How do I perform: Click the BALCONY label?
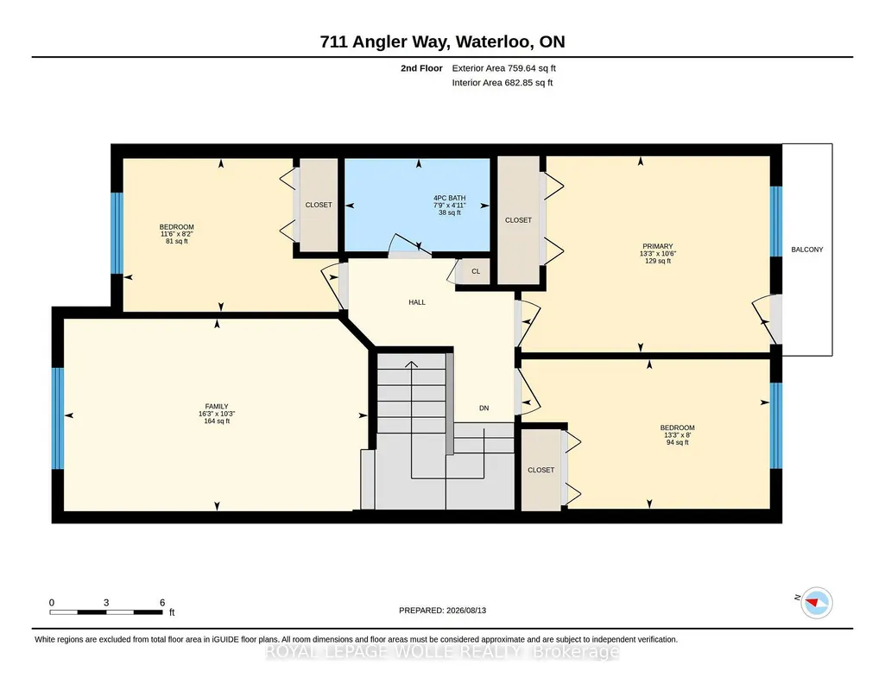click(806, 250)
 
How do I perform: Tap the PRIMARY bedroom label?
click(658, 246)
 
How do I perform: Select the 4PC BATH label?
click(449, 198)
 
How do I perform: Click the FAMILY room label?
click(217, 406)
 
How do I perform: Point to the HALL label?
click(417, 302)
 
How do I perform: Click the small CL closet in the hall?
click(476, 271)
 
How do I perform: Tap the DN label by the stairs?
click(484, 408)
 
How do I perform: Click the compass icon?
click(817, 603)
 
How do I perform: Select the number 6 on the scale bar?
click(162, 603)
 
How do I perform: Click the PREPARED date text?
click(442, 610)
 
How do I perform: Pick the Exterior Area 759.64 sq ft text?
click(503, 68)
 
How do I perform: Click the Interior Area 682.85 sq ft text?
click(503, 82)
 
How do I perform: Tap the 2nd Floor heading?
click(421, 68)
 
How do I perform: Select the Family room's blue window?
click(58, 418)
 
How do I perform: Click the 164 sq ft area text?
click(217, 421)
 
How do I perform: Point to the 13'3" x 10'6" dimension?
click(658, 254)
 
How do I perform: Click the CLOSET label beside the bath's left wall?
click(319, 205)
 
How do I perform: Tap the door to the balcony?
click(768, 319)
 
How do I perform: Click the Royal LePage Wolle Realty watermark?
click(442, 652)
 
